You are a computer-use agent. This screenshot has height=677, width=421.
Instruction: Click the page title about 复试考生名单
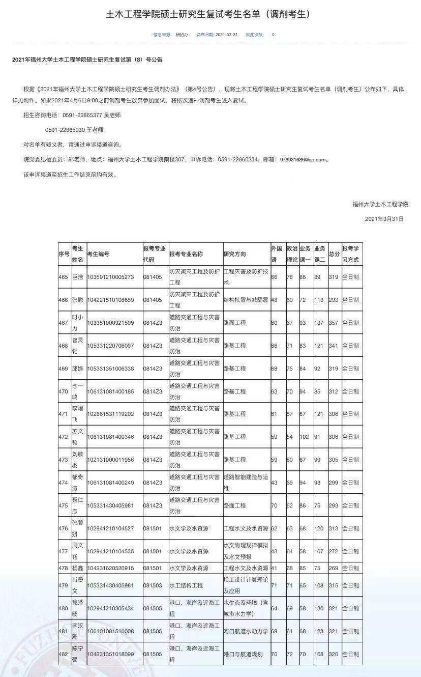click(x=208, y=14)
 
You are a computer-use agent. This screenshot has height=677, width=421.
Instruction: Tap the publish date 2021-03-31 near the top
click(x=227, y=35)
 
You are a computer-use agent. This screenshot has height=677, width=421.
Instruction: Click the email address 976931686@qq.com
click(x=303, y=159)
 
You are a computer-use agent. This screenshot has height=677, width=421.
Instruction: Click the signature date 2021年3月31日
click(x=384, y=219)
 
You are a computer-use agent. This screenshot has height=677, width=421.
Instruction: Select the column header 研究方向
click(x=234, y=254)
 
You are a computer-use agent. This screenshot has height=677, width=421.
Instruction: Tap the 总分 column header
click(x=334, y=254)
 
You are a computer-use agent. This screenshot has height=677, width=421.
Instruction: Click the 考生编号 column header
click(x=98, y=254)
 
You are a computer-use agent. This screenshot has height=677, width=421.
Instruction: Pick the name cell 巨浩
click(x=77, y=277)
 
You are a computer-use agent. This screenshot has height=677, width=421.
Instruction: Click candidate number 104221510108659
click(x=110, y=300)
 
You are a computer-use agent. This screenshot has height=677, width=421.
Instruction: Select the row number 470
click(x=63, y=391)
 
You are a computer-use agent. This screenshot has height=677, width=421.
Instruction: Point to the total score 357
click(x=334, y=323)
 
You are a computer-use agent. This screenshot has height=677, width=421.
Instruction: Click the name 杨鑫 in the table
click(x=77, y=568)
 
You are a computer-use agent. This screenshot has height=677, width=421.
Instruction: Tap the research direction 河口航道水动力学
click(x=246, y=631)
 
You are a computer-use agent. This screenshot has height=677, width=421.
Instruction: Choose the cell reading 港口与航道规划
click(x=243, y=654)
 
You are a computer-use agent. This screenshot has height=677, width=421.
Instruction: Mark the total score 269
click(x=334, y=568)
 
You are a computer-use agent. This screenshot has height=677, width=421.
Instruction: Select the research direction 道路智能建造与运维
click(x=246, y=482)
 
